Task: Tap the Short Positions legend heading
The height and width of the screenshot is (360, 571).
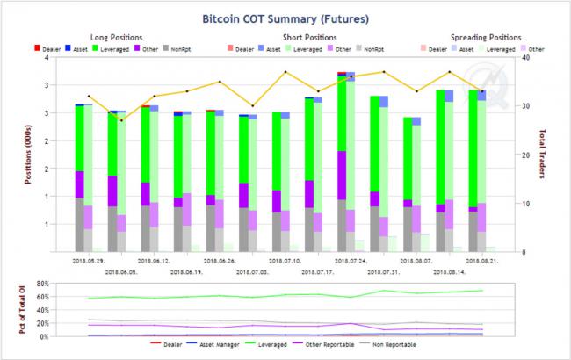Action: [309, 37]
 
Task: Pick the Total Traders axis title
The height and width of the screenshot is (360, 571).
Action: [542, 155]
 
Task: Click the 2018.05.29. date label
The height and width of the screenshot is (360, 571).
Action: [90, 261]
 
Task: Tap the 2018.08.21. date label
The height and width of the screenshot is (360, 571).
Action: [475, 261]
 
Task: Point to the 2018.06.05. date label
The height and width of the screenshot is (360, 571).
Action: [121, 272]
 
